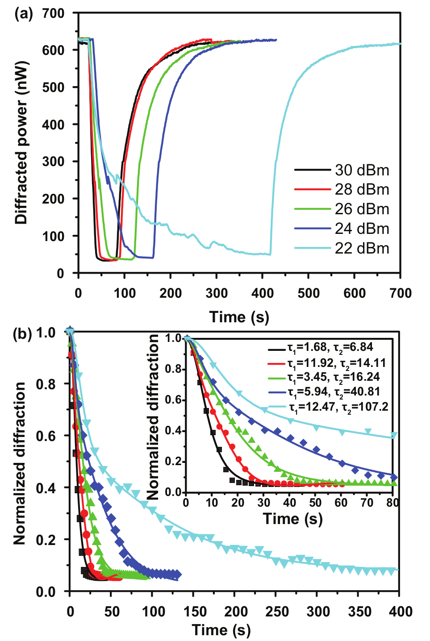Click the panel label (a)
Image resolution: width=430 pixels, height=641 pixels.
coord(24,14)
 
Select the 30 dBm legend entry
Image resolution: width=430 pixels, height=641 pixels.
coord(342,170)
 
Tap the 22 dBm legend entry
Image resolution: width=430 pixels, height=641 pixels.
coord(342,248)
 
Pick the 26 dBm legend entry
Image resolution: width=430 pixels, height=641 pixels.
coord(342,209)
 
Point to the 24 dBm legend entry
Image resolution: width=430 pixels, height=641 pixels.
coord(342,229)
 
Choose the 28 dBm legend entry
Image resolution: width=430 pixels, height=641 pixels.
coord(342,190)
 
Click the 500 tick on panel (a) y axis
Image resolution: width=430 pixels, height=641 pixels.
coord(53,87)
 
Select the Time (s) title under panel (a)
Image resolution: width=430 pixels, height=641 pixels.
coord(239,317)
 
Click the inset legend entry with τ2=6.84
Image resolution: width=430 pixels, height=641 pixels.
coord(321,347)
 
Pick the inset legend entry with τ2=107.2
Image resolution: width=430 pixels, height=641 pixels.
coord(328,407)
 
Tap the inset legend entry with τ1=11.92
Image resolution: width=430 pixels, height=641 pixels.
coord(327,363)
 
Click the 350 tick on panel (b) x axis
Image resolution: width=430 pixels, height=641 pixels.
coord(358,612)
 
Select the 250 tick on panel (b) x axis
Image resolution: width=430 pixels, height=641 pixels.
coord(275,612)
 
